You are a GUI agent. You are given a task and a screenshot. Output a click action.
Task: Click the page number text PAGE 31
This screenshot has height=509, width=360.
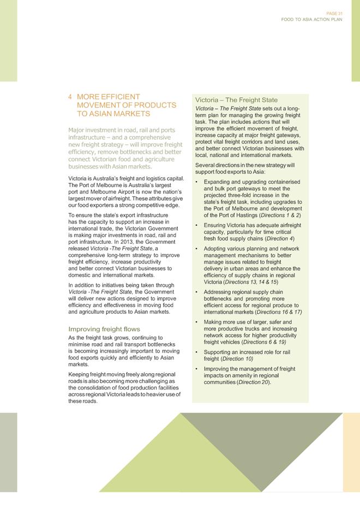click(334, 13)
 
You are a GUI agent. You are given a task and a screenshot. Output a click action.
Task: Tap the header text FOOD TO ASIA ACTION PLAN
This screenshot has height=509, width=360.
click(311, 19)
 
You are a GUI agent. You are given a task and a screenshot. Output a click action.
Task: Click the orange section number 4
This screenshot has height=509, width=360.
click(70, 97)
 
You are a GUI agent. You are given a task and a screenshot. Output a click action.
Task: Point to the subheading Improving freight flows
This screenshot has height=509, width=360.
click(104, 329)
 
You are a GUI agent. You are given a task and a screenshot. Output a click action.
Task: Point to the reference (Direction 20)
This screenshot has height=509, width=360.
click(254, 382)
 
